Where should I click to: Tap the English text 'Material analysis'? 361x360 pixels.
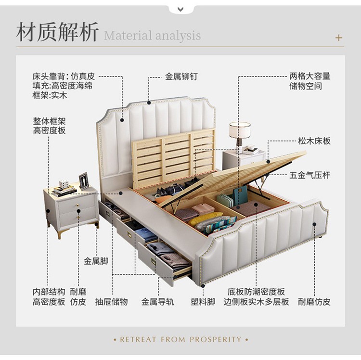coord(152,36)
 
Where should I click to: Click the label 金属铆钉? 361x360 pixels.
coord(181,77)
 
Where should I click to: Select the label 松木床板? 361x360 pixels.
coord(314,141)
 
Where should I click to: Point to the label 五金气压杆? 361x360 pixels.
coord(309,176)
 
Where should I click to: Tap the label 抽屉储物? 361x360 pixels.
coord(111,302)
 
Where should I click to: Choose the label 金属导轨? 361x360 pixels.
coord(157,302)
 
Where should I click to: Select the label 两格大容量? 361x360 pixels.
coord(310,77)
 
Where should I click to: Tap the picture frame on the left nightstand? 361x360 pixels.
coord(84,180)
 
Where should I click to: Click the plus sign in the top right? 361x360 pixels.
coord(339,38)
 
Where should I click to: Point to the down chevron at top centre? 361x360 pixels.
coord(180,9)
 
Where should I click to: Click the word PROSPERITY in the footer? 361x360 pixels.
coord(216,339)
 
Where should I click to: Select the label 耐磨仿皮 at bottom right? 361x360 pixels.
coord(314,302)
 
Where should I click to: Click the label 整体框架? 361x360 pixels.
coord(49,121)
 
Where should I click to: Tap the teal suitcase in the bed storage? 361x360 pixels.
coord(240,195)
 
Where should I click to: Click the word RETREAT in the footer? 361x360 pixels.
coord(138,339)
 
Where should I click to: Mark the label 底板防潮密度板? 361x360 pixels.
coord(256,292)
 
